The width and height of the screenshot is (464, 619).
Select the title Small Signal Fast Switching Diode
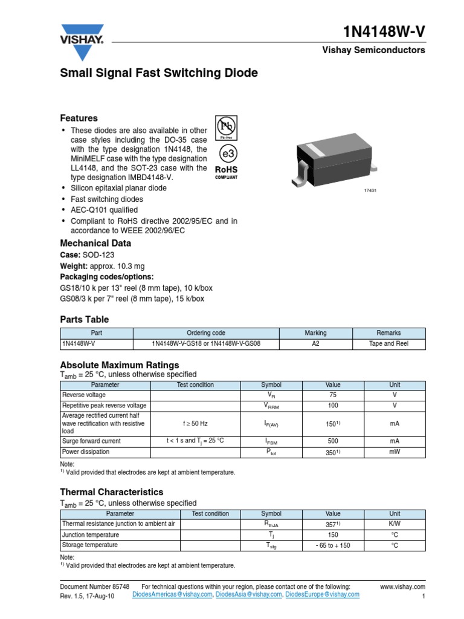point(159,73)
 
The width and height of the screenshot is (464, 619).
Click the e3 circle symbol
point(225,151)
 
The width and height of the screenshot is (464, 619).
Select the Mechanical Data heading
point(95,243)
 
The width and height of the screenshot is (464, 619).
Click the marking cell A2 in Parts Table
point(315,344)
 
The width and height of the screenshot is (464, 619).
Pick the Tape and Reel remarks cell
point(389,344)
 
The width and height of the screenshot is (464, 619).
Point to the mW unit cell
point(395,452)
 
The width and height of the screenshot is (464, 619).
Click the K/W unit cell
point(395,524)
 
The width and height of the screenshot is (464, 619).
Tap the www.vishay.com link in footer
point(403,586)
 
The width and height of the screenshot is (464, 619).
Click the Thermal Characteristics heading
point(112,492)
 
